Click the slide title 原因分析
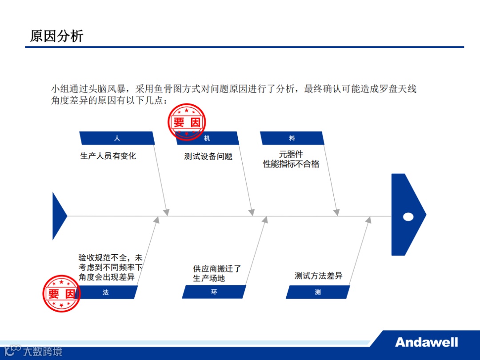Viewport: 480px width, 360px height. (56, 36)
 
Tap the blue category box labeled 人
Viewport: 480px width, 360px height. (117, 138)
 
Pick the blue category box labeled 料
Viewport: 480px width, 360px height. (292, 138)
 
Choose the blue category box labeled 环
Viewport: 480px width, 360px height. (214, 292)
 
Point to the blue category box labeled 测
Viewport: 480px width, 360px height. (318, 292)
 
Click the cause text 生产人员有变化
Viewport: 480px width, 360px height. (108, 156)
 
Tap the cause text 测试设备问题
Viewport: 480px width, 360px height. (208, 156)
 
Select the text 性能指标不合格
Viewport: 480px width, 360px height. (291, 164)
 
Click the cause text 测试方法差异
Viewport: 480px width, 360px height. (319, 276)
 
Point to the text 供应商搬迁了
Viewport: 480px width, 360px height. (217, 268)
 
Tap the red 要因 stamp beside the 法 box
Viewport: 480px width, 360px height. (62, 293)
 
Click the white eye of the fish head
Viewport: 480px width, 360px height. (408, 217)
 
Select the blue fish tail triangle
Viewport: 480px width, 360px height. (58, 216)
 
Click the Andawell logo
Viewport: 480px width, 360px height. (426, 342)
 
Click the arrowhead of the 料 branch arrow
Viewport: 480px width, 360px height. (337, 213)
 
